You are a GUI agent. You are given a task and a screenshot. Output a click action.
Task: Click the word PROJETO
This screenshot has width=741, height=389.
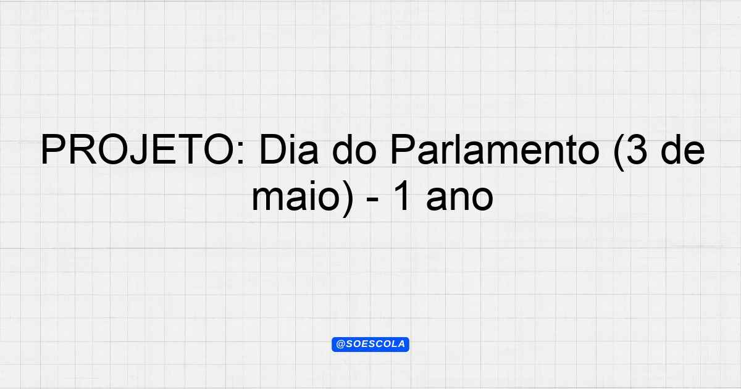(137, 149)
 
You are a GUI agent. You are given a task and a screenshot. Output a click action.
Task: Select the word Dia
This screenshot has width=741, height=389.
(289, 149)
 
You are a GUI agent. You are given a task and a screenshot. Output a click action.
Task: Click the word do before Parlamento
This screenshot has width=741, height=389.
(354, 149)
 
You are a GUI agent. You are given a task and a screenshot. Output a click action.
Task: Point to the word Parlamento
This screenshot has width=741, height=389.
(495, 149)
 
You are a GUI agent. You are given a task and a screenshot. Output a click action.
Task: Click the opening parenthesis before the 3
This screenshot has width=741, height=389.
(619, 152)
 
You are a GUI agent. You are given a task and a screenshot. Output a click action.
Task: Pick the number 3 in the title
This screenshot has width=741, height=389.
(637, 149)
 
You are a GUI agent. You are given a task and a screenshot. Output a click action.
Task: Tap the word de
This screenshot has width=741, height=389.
(683, 149)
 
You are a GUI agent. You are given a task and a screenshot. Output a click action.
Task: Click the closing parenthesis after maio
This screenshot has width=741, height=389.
(347, 198)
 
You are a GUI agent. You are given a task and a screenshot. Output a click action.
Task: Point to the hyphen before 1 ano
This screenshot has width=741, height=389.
(373, 200)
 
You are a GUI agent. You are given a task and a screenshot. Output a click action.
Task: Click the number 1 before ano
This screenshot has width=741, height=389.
(403, 196)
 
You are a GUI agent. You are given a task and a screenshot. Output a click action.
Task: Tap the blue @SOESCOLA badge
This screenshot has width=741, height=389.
(371, 345)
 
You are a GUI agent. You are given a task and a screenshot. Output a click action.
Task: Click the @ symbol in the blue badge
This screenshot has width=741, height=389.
(340, 345)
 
